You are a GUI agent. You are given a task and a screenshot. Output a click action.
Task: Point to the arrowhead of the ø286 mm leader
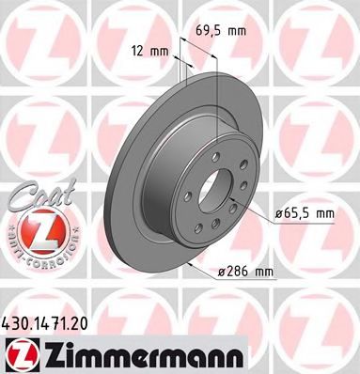point(194,266)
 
